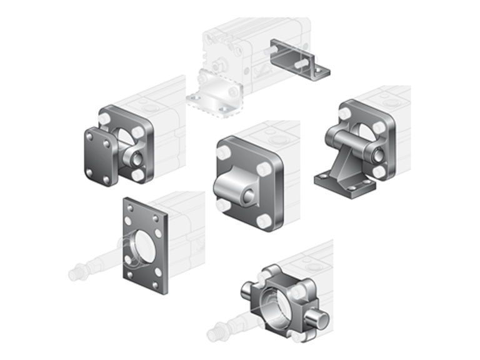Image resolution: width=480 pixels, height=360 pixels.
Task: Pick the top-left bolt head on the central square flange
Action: click(x=223, y=151)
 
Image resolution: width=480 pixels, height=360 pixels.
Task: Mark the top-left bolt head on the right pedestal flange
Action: click(x=344, y=114)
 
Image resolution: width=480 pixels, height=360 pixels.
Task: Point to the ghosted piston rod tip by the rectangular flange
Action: click(x=74, y=273)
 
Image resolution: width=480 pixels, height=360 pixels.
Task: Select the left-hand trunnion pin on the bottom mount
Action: click(x=247, y=289)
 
